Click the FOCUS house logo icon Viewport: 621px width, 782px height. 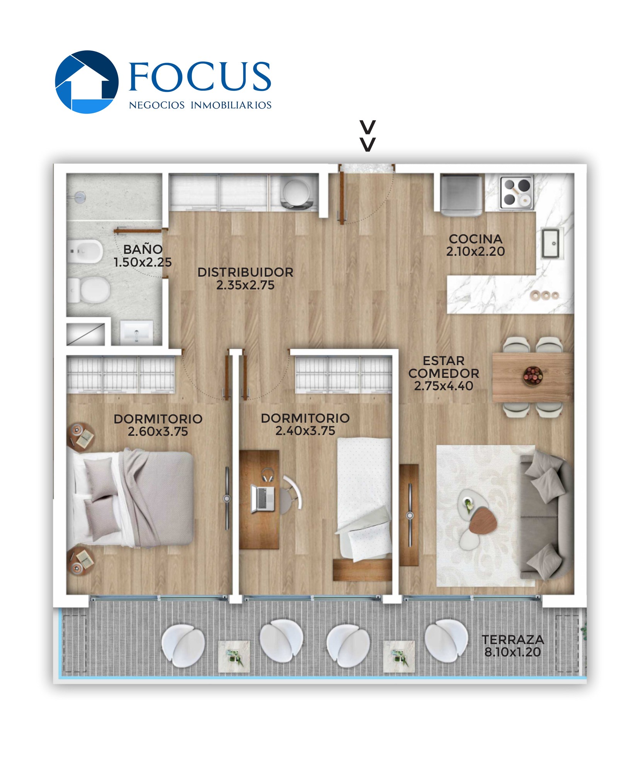(x=87, y=82)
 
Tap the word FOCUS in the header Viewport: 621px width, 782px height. (x=200, y=76)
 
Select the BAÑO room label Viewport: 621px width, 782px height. (x=143, y=249)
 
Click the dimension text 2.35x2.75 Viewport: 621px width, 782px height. (x=245, y=285)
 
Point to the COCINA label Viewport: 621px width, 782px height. (x=476, y=239)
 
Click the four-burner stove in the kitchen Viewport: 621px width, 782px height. (x=517, y=192)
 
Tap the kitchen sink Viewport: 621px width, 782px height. (x=551, y=243)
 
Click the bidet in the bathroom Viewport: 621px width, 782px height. (x=85, y=251)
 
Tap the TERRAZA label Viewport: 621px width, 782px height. (x=513, y=639)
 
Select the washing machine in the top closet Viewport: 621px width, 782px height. (x=296, y=193)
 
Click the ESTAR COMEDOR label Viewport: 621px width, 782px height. (x=444, y=367)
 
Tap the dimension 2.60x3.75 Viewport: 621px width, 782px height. (x=158, y=431)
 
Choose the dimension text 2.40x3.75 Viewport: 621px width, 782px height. (x=305, y=430)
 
